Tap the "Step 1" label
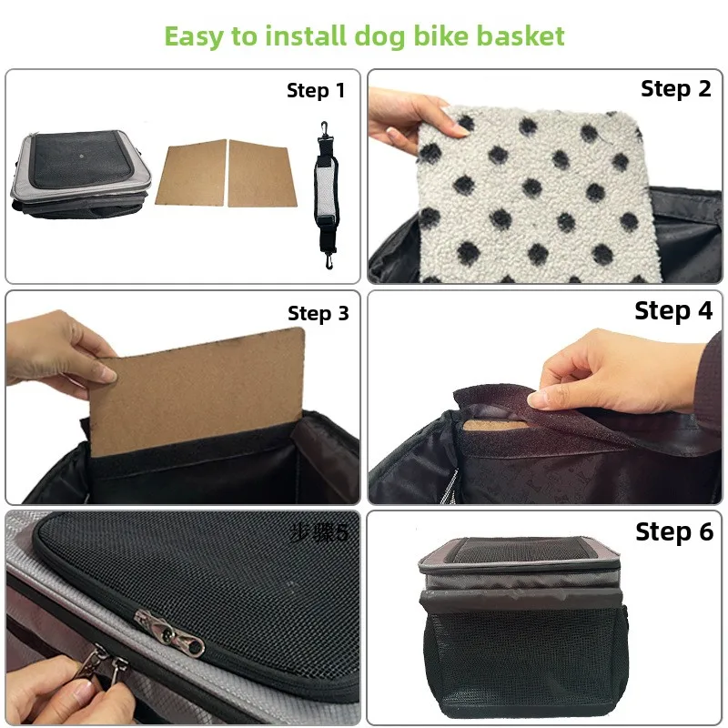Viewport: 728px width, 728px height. click(x=316, y=90)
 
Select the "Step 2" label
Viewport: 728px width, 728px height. click(x=675, y=88)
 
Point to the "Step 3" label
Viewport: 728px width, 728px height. click(x=318, y=313)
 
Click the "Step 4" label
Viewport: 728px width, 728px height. click(x=673, y=310)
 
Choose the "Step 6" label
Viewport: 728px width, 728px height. click(x=674, y=531)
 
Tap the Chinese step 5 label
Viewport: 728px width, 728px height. click(x=318, y=532)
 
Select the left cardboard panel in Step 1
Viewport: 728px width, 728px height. click(x=191, y=173)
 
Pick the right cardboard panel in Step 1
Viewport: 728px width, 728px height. click(x=261, y=173)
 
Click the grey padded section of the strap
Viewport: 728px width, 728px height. click(x=326, y=190)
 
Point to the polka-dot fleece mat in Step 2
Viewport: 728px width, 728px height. click(x=539, y=195)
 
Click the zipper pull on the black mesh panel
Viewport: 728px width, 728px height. click(x=169, y=634)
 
